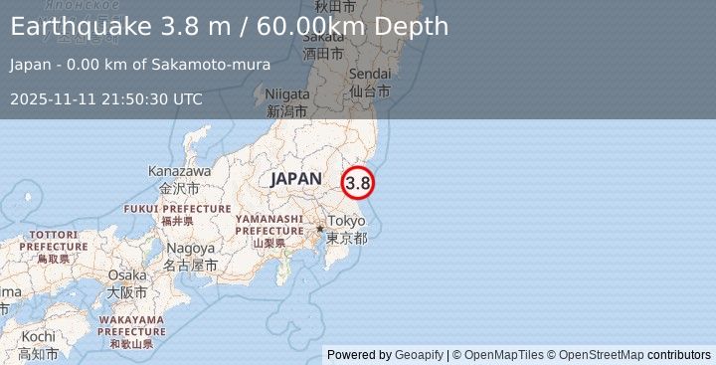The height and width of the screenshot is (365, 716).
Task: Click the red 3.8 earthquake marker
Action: coord(358,183)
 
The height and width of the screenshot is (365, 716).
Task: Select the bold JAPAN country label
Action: coord(295,179)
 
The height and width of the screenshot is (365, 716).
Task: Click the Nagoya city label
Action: coord(191,248)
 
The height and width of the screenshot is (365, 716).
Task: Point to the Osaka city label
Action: coord(127,275)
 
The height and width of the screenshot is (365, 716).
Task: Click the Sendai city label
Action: coord(370,75)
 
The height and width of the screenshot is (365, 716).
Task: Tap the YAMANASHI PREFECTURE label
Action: coord(268,224)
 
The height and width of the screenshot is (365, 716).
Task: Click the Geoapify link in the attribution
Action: coord(418,355)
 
